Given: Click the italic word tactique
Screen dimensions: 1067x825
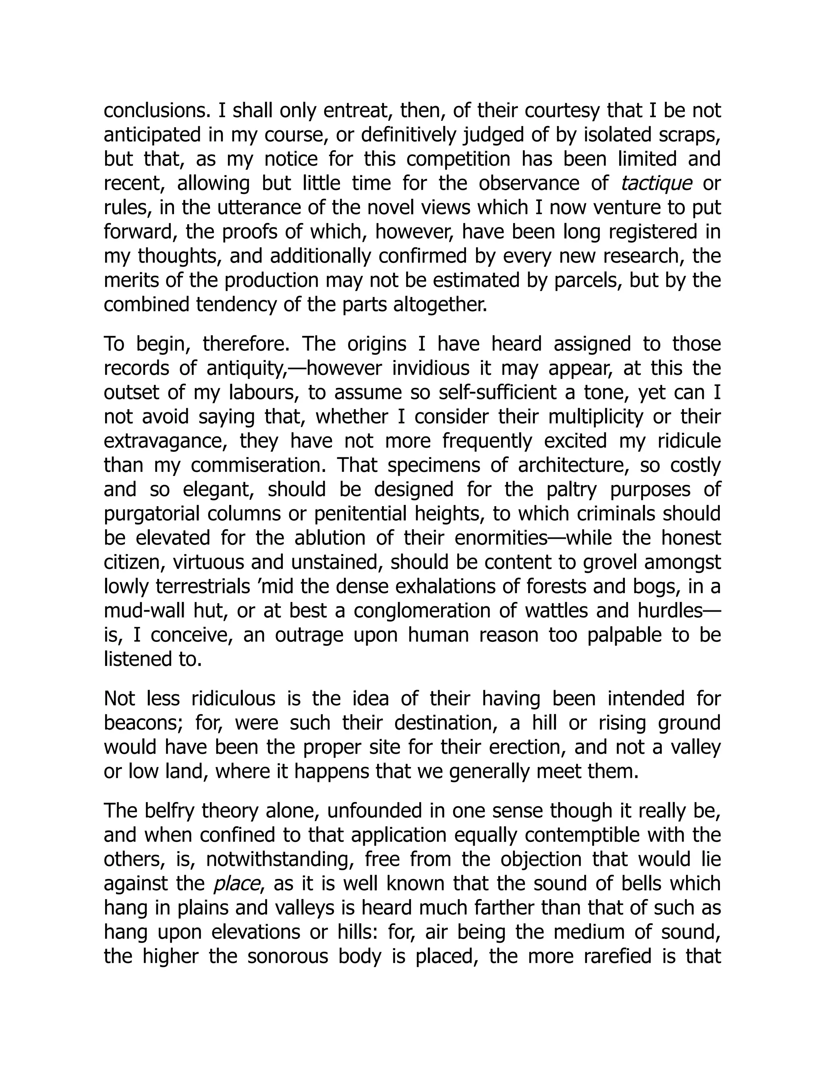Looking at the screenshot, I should click(x=656, y=184).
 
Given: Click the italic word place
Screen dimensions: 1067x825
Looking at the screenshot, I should click(x=234, y=883).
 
